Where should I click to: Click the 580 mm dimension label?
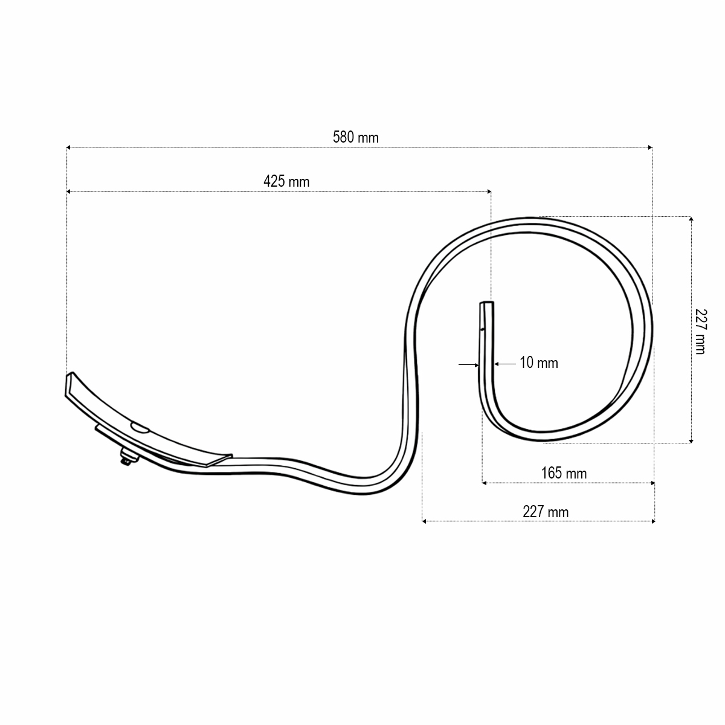355,138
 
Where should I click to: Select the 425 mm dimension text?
286,181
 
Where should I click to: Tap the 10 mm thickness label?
539,363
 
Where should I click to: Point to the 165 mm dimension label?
564,473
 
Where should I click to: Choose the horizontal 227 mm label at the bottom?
546,512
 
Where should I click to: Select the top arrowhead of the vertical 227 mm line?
691,219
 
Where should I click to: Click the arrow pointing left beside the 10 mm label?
498,364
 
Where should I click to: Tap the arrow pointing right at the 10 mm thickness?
475,364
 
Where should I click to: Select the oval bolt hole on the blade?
140,428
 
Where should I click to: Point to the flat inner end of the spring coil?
486,302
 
